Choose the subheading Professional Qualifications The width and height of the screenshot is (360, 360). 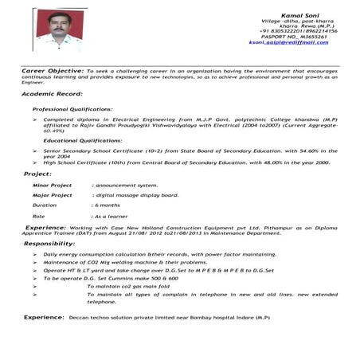coord(72,108)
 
